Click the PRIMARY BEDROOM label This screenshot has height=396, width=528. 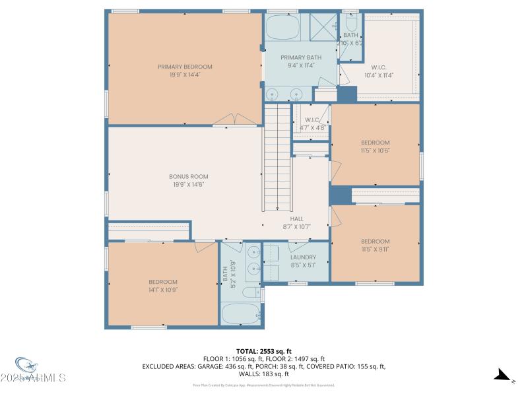tap(185, 67)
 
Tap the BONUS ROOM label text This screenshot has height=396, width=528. tap(189, 176)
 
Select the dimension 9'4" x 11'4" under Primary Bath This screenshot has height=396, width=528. tap(301, 65)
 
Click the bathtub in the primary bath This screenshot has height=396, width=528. tap(282, 27)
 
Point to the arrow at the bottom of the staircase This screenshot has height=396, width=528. tap(277, 206)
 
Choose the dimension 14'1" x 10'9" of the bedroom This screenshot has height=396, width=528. tap(162, 289)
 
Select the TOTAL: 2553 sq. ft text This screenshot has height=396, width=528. tap(264, 351)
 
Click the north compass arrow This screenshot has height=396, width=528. tap(502, 376)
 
